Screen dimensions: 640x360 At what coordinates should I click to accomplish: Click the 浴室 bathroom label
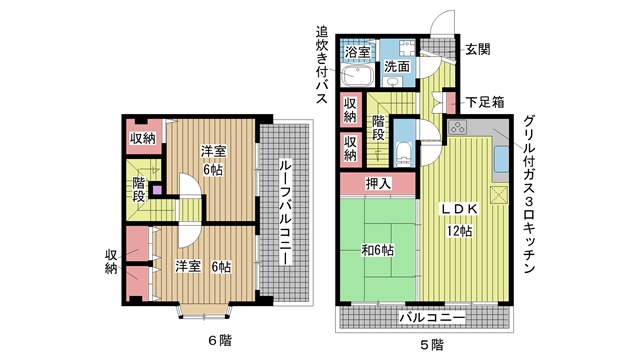358,52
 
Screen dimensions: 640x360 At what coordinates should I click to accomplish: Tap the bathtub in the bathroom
358,76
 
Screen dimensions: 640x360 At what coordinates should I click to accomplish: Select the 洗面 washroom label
397,66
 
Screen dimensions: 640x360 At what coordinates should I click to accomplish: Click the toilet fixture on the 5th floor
404,154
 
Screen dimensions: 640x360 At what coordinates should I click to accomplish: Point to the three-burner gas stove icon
457,127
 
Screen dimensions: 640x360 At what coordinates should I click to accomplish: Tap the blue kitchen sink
501,159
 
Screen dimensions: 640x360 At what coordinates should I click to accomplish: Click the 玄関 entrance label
478,50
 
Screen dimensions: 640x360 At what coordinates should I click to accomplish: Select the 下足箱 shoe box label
485,102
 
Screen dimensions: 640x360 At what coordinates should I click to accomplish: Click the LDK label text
458,209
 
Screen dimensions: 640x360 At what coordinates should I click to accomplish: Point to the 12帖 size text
459,231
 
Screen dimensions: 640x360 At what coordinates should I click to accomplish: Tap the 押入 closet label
378,183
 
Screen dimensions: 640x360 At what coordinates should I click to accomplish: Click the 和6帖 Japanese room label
378,250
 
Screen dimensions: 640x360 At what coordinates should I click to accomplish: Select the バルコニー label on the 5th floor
432,317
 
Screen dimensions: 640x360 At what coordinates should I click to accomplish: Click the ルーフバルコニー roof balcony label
285,212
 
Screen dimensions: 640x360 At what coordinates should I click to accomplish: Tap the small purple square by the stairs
157,190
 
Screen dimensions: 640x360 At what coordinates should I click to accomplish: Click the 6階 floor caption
220,340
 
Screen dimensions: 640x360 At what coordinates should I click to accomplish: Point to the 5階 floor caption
432,345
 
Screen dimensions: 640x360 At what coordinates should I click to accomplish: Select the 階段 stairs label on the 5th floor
378,128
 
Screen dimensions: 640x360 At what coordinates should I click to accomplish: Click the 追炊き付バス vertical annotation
322,65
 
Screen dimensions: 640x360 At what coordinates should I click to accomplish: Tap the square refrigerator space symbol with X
499,195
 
